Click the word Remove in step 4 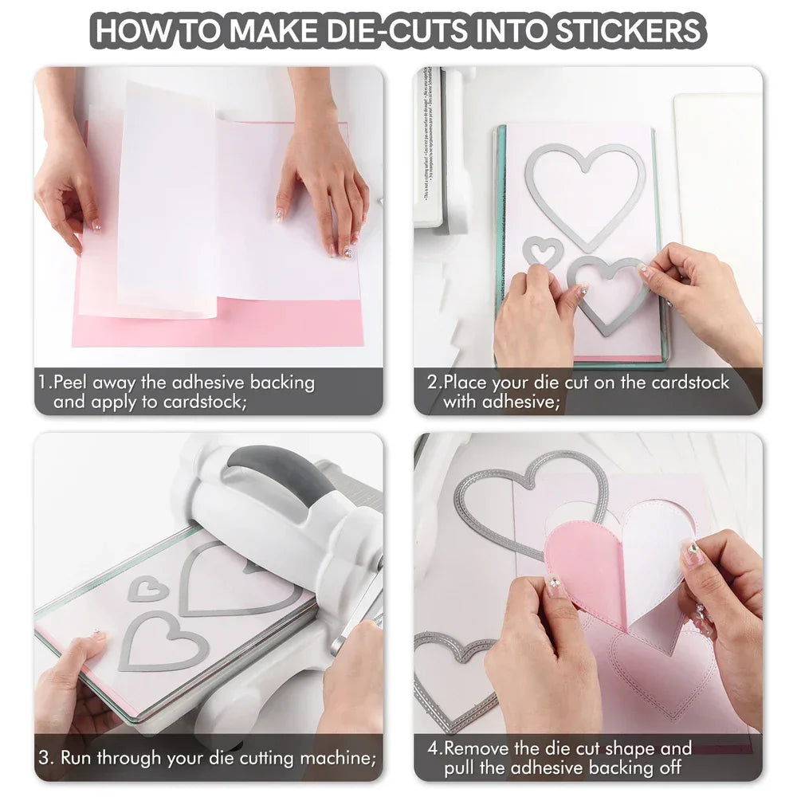477,749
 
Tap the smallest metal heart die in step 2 543,251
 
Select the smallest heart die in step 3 148,589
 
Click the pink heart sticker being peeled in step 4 586,567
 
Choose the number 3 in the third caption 46,757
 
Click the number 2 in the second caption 432,383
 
